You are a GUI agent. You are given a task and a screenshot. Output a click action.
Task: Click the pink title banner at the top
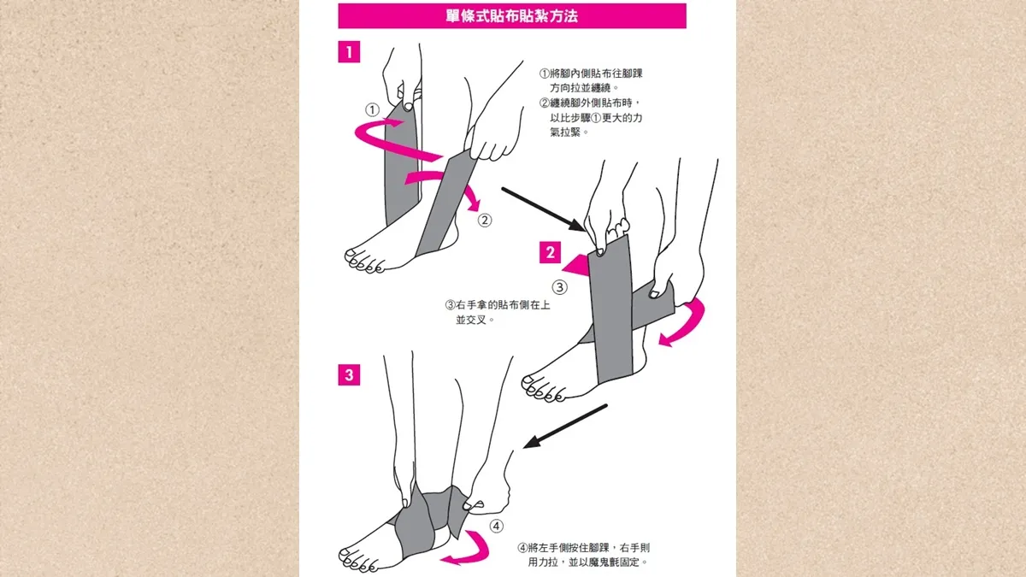[x=512, y=16]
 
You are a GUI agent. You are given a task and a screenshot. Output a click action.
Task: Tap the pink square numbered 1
[x=349, y=52]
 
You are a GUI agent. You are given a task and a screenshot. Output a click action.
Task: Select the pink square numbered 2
[x=550, y=252]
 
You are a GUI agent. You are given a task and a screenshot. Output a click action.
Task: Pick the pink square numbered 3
[x=349, y=374]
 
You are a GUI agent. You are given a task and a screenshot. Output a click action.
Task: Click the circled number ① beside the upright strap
[x=372, y=110]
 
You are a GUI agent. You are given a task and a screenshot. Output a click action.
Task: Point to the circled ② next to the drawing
[x=485, y=221]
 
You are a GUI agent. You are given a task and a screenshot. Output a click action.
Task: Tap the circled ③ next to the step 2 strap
[x=559, y=287]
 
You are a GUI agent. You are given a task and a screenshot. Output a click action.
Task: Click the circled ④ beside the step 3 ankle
[x=497, y=527]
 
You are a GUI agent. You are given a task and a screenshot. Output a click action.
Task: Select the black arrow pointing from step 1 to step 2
[x=543, y=209]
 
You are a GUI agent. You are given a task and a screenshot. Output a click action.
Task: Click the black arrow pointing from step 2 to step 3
[x=565, y=426]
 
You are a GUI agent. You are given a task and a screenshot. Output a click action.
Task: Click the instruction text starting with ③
[x=498, y=312]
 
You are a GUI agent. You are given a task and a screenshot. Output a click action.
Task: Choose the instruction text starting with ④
[x=583, y=555]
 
